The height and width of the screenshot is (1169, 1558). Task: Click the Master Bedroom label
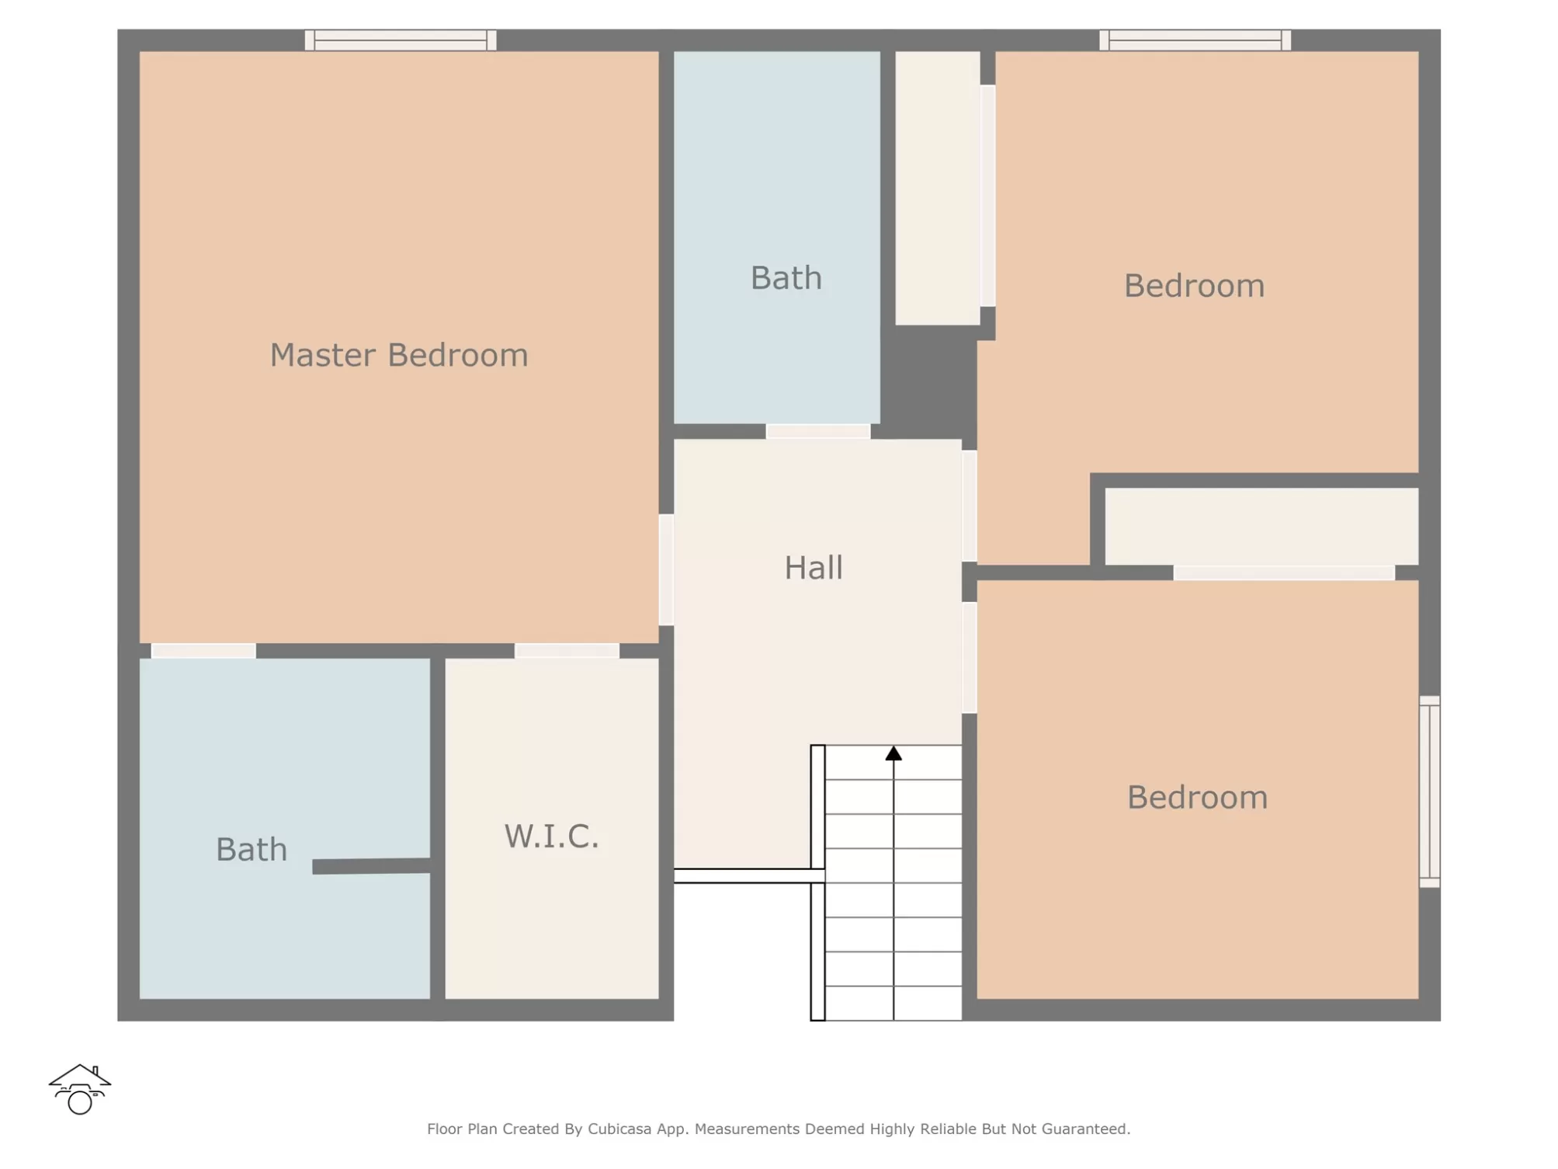[399, 355]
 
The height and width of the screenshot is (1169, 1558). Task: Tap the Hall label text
[813, 568]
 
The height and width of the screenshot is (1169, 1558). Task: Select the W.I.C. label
[552, 837]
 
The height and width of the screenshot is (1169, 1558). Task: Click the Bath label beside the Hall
[786, 278]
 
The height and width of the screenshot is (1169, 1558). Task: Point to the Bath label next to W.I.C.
[252, 850]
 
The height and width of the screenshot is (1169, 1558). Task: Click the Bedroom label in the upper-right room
[1194, 286]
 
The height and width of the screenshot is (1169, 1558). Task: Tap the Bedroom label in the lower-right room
[1197, 798]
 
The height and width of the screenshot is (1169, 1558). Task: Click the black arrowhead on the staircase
[894, 753]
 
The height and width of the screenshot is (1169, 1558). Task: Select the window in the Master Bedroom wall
[401, 40]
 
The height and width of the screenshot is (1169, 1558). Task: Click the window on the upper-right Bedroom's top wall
[1195, 40]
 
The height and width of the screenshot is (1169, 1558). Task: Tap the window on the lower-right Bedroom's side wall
[1430, 792]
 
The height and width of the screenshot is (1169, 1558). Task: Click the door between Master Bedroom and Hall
[666, 569]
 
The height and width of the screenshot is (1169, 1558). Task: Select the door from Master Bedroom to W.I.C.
[567, 651]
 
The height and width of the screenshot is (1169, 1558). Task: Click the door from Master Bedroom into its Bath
[203, 651]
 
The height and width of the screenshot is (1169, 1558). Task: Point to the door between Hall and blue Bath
[818, 432]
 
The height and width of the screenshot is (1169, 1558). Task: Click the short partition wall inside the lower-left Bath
[371, 866]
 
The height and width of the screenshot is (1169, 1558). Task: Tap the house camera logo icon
[80, 1089]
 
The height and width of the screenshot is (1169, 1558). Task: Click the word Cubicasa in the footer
[619, 1129]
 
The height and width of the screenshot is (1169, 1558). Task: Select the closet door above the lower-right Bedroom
[1284, 573]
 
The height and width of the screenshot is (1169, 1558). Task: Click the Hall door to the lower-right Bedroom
[970, 658]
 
